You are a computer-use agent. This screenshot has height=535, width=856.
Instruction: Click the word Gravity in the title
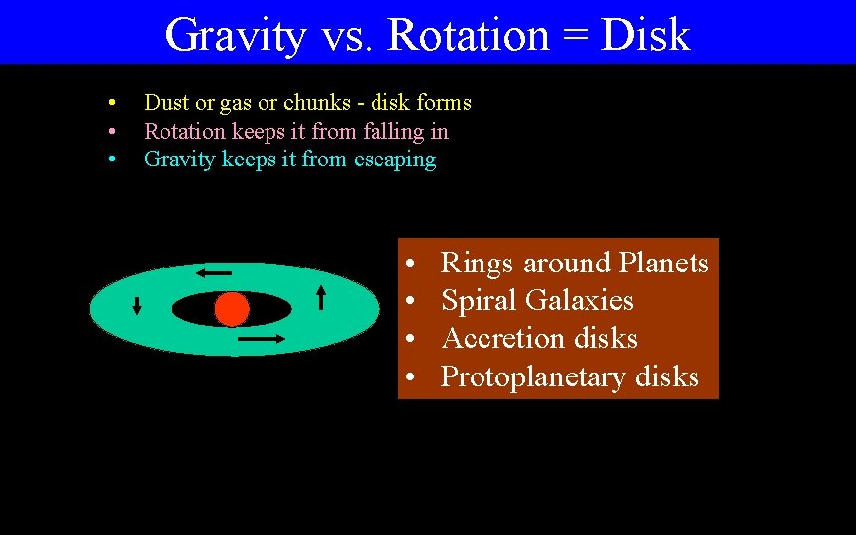[x=236, y=35]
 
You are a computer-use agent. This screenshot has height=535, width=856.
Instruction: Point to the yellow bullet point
[x=114, y=103]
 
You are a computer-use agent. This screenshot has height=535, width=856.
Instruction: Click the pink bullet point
[x=114, y=132]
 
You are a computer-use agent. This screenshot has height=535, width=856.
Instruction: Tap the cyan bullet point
[x=114, y=160]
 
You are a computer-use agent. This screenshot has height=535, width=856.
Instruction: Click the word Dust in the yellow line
[x=165, y=102]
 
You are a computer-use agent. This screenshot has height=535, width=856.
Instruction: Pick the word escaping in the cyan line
[x=394, y=160]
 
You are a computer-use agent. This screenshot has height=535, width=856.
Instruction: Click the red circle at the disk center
[x=231, y=310]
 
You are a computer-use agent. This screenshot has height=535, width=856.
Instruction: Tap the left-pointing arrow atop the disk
[x=213, y=272]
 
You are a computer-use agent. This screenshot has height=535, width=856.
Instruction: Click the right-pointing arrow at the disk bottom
[x=262, y=339]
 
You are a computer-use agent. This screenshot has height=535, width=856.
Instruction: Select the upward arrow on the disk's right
[x=321, y=296]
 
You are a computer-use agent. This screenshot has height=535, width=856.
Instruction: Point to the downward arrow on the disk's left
[x=137, y=306]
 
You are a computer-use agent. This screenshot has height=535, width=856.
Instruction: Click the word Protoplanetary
[x=534, y=377]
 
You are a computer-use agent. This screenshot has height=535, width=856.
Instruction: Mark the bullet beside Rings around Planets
[x=409, y=265]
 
